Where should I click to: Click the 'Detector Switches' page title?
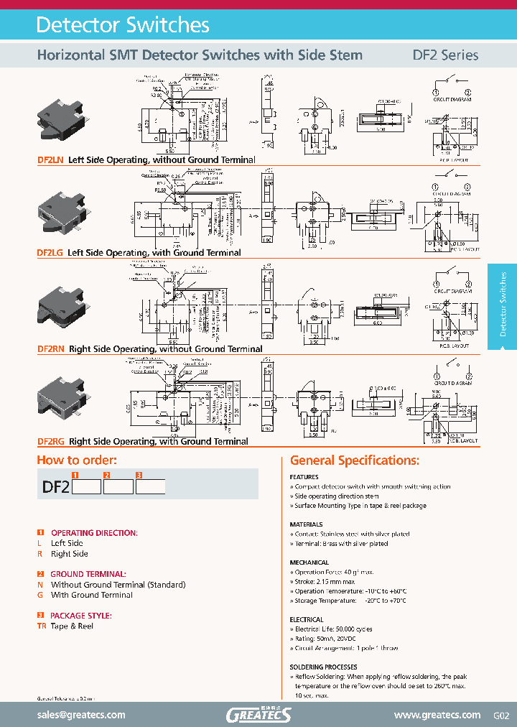pos(123,25)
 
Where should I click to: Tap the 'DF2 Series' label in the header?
pos(445,55)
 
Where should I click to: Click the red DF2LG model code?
pos(50,253)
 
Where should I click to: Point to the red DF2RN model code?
pos(51,349)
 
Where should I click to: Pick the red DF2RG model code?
pos(51,442)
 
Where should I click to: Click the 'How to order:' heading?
pos(77,460)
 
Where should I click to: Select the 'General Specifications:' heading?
pos(355,460)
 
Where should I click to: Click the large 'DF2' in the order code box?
pos(55,486)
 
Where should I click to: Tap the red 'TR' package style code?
pos(42,626)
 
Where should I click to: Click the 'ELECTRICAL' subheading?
pos(307,619)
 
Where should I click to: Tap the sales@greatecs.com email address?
pos(81,715)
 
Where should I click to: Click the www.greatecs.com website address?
pos(437,715)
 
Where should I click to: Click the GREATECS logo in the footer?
pos(258,715)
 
